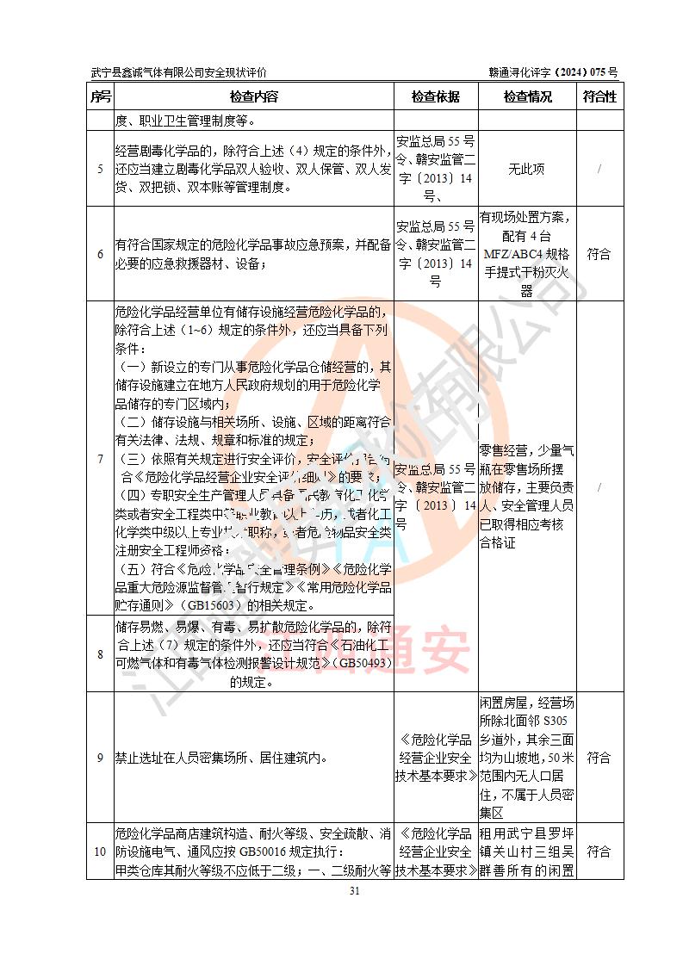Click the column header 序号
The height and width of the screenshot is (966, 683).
point(100,96)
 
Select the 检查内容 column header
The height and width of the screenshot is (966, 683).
point(253,96)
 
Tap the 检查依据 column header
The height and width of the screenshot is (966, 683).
point(436,96)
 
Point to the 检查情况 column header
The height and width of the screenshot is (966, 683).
point(527,96)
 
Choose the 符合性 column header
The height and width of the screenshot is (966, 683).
point(599,96)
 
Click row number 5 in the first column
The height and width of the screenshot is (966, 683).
point(100,169)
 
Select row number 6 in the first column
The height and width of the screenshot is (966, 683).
point(100,254)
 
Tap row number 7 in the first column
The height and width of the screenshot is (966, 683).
point(100,459)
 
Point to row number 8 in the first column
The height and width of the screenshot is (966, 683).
point(100,654)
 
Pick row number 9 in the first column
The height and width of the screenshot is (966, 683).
point(100,758)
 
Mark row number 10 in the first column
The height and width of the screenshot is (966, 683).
point(100,851)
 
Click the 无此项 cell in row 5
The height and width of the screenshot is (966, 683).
point(527,169)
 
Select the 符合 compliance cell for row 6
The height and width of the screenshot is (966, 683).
point(599,254)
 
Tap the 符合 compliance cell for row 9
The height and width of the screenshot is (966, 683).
point(599,758)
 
